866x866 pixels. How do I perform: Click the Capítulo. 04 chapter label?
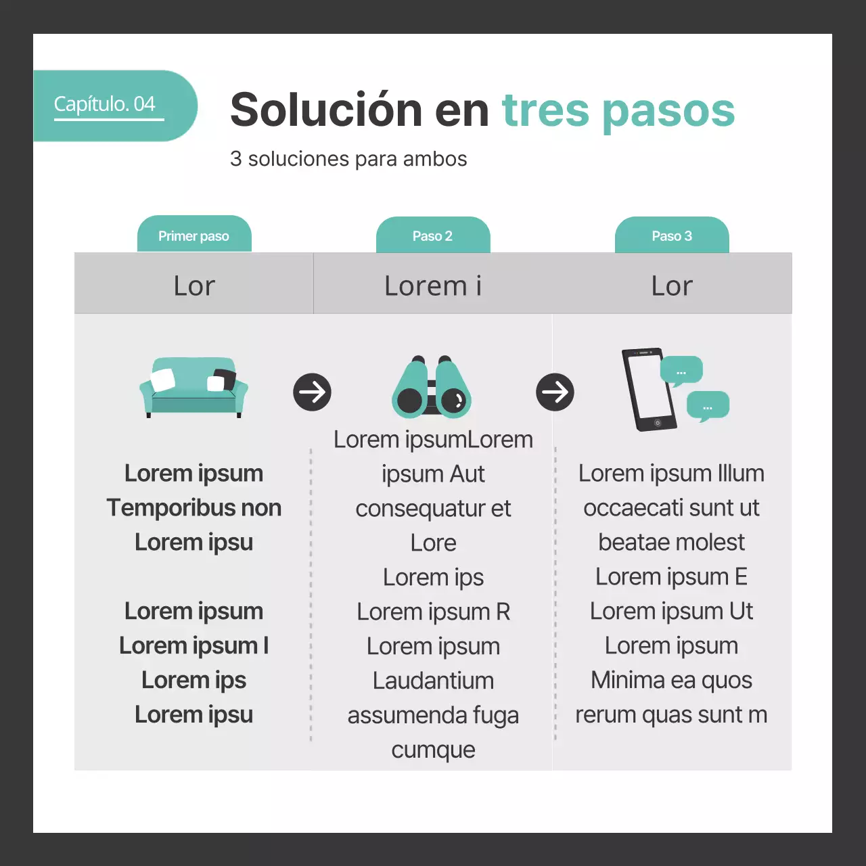105,104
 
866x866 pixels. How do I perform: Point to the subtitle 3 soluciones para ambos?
348,159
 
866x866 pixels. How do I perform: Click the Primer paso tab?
194,236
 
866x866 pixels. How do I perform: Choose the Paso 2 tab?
433,236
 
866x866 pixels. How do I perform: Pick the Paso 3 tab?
672,236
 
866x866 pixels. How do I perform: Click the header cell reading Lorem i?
433,286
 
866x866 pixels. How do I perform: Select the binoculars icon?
432,388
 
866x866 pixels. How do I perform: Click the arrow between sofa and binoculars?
312,392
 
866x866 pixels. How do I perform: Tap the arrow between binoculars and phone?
555,392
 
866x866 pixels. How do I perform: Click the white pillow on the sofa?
163,380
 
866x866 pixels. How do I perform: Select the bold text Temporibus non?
194,508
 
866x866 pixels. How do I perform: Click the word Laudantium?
433,681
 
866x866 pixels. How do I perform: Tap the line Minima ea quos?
671,680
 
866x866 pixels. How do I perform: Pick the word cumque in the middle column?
433,750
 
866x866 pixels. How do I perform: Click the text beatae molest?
671,542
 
